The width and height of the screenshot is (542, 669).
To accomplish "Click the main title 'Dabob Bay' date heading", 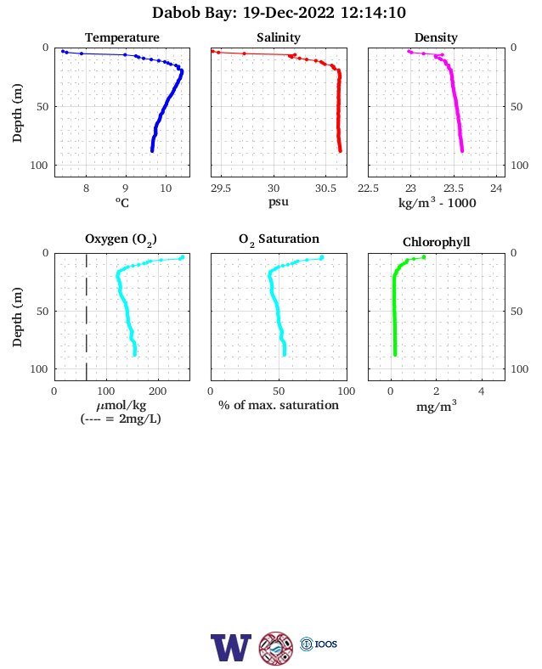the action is tap(279, 13).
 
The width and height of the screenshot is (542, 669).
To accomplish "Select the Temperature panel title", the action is tap(122, 37).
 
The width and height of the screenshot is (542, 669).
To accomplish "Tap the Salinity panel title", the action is tap(279, 37).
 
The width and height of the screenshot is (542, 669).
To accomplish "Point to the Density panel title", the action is tap(436, 37).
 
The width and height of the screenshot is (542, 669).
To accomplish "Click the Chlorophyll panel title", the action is tap(436, 242).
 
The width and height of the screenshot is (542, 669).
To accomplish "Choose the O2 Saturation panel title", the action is tap(279, 239).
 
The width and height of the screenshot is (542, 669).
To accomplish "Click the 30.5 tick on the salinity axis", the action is tap(325, 188).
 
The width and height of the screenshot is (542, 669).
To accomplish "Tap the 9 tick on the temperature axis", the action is tap(126, 188).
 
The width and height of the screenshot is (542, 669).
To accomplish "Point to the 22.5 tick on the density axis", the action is tap(368, 188).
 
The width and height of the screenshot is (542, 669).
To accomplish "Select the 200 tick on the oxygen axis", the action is tap(158, 391).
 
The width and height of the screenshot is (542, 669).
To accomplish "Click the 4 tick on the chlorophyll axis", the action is tap(482, 391).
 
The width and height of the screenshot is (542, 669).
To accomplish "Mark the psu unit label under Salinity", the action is tap(279, 201).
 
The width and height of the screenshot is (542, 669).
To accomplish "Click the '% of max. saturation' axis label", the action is tap(279, 405).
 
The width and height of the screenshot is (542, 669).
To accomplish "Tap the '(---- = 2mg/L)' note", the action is tap(121, 419).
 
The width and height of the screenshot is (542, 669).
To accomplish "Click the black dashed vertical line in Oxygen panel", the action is tap(87, 318).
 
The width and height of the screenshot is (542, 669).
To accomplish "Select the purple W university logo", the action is tap(231, 648).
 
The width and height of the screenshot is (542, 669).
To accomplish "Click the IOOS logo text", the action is tap(326, 644).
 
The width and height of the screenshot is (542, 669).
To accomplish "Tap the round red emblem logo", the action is tap(276, 649).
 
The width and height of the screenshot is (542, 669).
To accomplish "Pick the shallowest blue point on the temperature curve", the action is tap(63, 51).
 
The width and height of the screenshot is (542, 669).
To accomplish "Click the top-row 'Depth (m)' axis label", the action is tap(17, 113).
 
